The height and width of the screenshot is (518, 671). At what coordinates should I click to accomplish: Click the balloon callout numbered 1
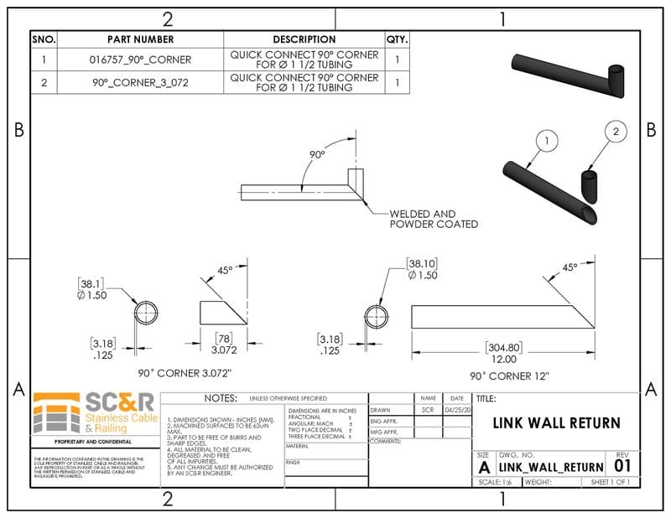coord(546,141)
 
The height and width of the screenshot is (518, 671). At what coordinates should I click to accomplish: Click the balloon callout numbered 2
coord(616,132)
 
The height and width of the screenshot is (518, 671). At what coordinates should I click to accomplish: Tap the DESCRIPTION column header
coord(304,39)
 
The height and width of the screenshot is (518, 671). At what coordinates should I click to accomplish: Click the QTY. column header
coord(397,39)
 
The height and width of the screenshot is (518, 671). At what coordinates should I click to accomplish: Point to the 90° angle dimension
coord(316,155)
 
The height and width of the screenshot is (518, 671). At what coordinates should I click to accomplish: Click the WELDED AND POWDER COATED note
coord(434,219)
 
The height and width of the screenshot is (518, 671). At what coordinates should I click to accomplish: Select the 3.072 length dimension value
coord(224,348)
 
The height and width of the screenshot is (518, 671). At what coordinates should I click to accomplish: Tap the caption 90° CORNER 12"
coord(502,376)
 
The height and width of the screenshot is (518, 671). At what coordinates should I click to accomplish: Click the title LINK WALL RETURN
coord(556,423)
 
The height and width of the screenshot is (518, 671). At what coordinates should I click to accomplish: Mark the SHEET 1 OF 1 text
coord(610,482)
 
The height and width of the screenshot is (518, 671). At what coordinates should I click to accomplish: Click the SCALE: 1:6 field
coord(495,482)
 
